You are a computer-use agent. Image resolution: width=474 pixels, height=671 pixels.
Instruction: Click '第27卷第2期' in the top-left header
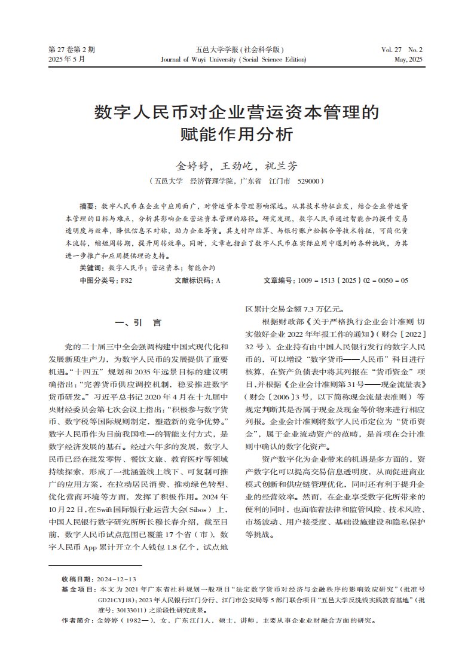pos(71,50)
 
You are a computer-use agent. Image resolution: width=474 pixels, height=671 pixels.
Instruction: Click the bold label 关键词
pos(91,268)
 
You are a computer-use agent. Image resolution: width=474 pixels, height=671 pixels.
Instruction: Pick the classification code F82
pos(126,280)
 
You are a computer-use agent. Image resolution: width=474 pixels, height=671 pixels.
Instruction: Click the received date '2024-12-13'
pos(117,579)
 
